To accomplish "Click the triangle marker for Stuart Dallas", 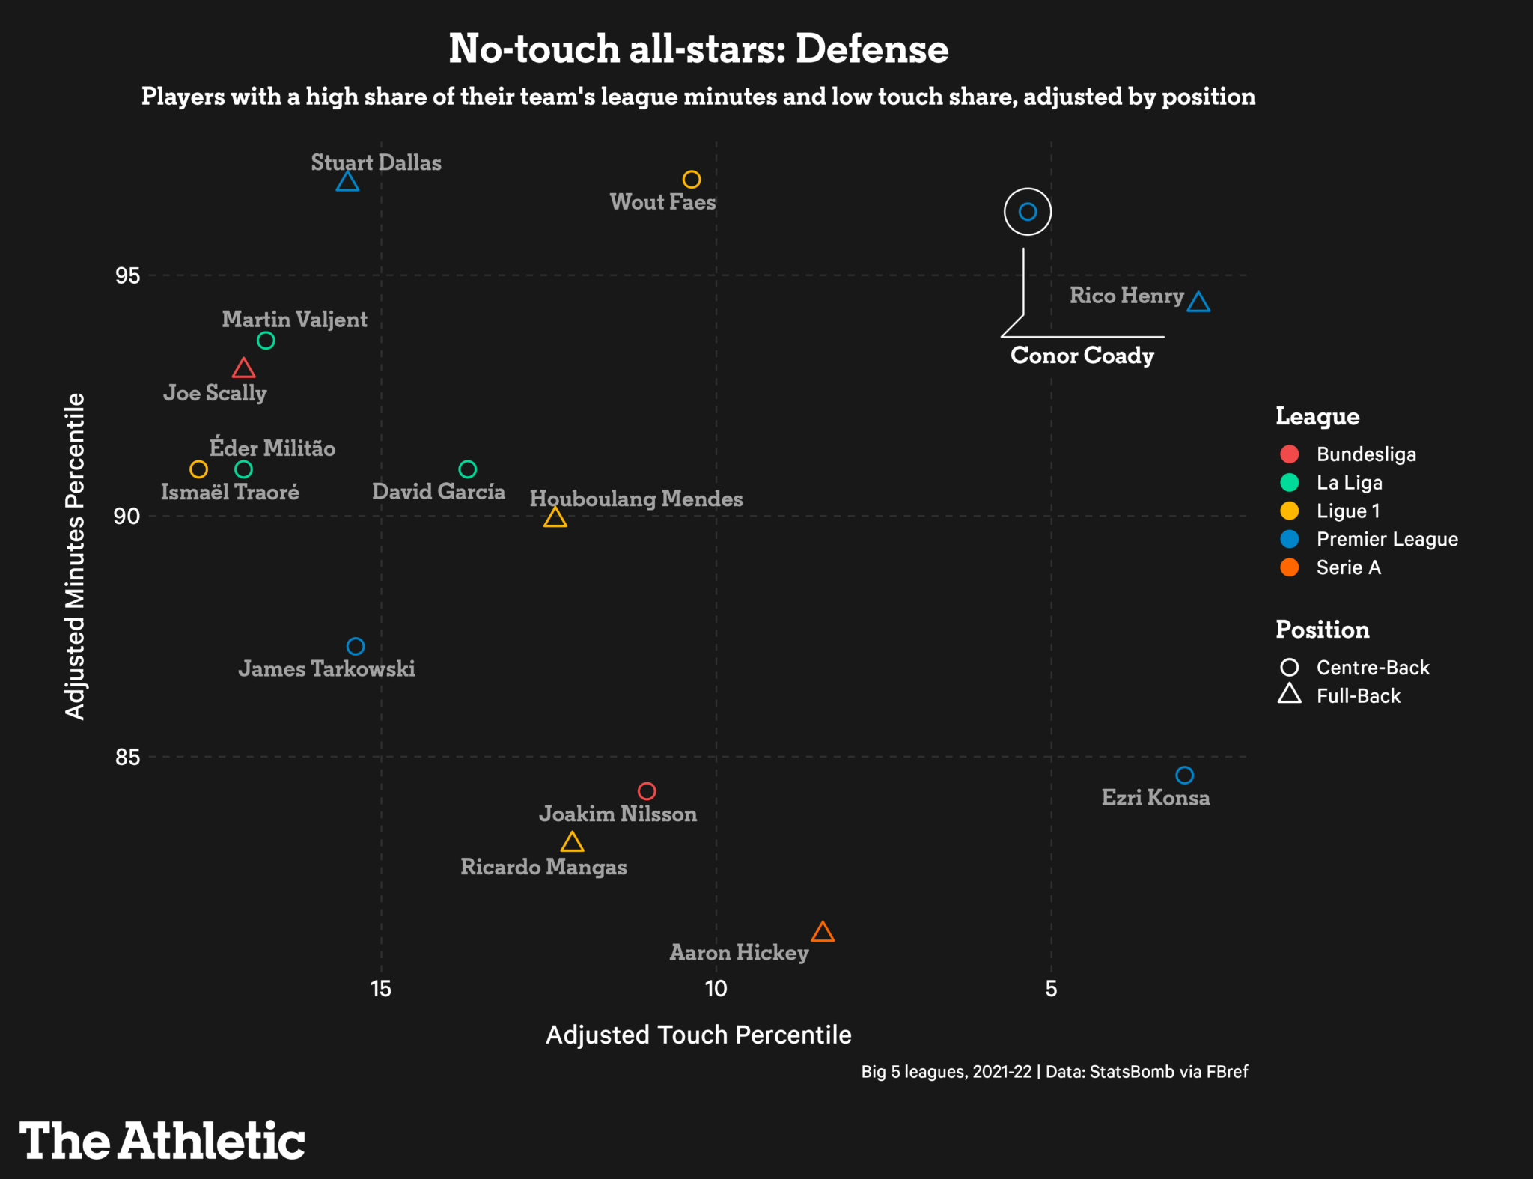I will [347, 182].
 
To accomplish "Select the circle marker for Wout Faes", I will [691, 180].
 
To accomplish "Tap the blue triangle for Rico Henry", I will [1198, 302].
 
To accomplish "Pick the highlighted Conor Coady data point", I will [1028, 212].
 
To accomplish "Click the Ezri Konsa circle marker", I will [1184, 775].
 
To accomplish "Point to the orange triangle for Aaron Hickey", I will [823, 933].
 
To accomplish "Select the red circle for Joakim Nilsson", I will [647, 790].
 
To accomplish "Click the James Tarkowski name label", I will [326, 668].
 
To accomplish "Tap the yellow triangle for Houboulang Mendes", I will [555, 518].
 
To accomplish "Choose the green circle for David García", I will [467, 469].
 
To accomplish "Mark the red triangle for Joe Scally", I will [243, 369].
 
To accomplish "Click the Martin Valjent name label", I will [294, 320].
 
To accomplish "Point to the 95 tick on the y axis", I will [127, 275].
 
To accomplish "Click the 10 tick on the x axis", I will [716, 989].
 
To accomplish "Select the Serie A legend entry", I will [1347, 567].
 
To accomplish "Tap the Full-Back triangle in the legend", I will [1289, 695].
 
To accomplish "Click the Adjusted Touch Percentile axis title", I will [698, 1035].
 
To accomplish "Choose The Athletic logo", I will [162, 1141].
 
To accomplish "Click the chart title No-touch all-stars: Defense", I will [698, 49].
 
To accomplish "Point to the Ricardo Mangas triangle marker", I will [572, 843].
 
